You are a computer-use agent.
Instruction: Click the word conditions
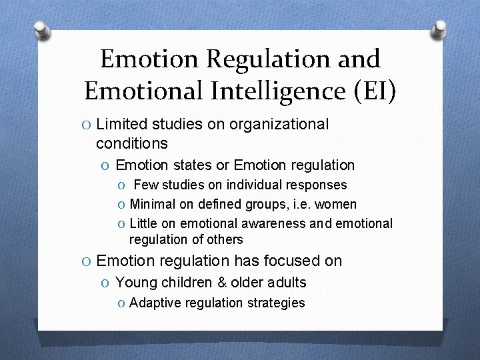pos(131,143)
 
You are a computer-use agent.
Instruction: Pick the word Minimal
pos(151,204)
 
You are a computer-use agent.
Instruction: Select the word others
pos(226,239)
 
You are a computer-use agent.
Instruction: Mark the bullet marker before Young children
pos(107,283)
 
